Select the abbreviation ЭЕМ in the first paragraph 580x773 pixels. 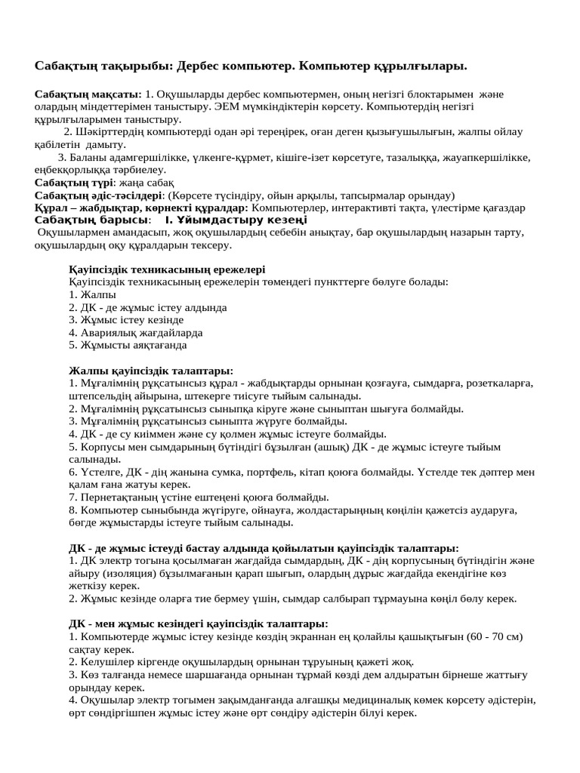[207, 106]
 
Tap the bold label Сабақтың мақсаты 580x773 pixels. [88, 94]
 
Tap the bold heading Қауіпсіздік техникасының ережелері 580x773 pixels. [167, 269]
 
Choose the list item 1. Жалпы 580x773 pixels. [92, 295]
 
